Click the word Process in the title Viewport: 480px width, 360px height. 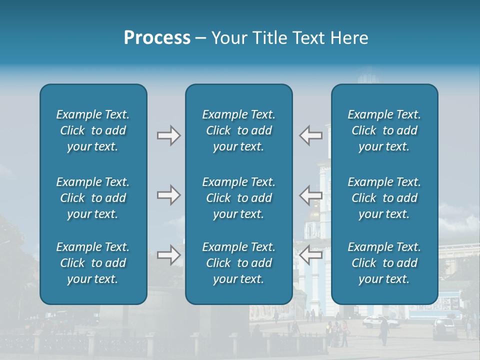tap(157, 38)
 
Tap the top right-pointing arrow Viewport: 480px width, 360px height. tap(168, 135)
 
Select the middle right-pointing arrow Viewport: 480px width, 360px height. tap(168, 195)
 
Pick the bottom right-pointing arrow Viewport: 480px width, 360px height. tap(168, 255)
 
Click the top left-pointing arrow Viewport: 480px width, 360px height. tap(310, 135)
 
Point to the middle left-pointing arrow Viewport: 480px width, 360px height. tap(310, 195)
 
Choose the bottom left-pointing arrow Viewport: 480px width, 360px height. tap(310, 255)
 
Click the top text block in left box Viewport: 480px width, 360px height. tap(93, 130)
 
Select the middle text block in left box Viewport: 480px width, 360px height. tap(93, 198)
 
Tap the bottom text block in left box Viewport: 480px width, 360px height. tap(93, 263)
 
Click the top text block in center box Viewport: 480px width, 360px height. tap(238, 130)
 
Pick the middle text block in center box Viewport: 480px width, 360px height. tap(238, 198)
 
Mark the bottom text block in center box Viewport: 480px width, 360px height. tap(238, 263)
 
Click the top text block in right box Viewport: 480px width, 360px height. tap(384, 130)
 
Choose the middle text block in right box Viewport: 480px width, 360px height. tap(384, 198)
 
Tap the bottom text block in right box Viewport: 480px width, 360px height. tap(384, 263)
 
